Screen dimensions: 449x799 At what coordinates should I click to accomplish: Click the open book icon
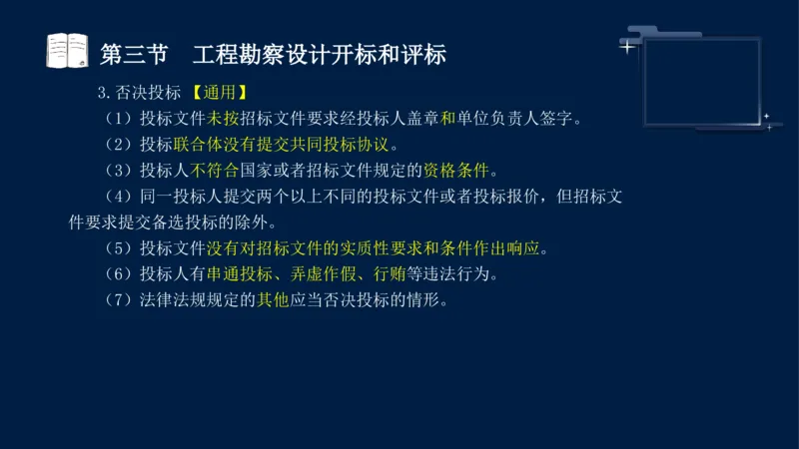[68, 52]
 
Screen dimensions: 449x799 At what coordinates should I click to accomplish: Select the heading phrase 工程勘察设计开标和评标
[319, 54]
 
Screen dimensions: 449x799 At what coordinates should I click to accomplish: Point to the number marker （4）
[118, 196]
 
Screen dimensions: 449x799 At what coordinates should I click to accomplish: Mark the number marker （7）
[118, 299]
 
